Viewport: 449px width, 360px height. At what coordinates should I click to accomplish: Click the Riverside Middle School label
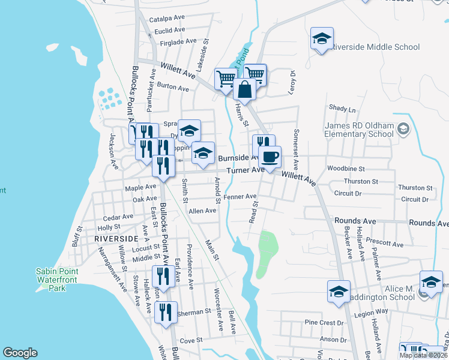pyautogui.click(x=375, y=46)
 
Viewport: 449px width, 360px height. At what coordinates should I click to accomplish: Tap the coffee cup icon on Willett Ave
pyautogui.click(x=270, y=157)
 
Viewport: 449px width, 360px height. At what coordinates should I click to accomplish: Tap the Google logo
pyautogui.click(x=20, y=353)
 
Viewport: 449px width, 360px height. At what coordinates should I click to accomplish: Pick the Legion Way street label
pyautogui.click(x=371, y=313)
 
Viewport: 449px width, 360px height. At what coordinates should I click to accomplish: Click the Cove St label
pyautogui.click(x=191, y=340)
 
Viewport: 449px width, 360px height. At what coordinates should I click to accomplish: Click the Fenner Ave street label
pyautogui.click(x=240, y=196)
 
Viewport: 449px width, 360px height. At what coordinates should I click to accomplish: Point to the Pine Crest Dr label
pyautogui.click(x=324, y=323)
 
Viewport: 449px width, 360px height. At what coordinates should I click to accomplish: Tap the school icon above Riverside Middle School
pyautogui.click(x=322, y=40)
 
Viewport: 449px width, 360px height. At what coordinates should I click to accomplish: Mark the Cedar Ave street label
pyautogui.click(x=118, y=217)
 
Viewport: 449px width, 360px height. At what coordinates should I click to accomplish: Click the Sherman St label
pyautogui.click(x=194, y=312)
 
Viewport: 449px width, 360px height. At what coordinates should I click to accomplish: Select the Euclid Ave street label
pyautogui.click(x=169, y=31)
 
